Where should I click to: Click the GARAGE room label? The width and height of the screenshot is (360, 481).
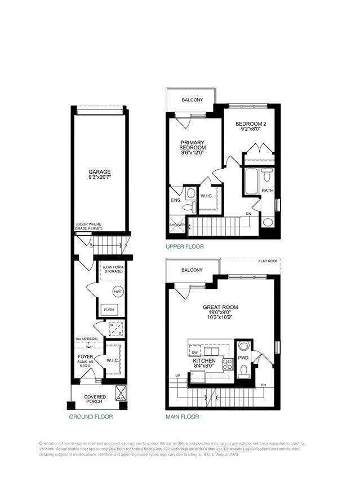(99, 172)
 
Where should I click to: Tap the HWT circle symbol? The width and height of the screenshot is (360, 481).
(117, 292)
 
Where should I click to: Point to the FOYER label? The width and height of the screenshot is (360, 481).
(85, 356)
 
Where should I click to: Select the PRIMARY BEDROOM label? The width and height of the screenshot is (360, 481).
(192, 145)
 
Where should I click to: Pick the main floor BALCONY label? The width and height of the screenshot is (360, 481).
(192, 270)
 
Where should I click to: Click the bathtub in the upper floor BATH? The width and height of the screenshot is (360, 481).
(250, 180)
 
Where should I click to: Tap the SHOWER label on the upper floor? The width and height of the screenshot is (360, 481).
(177, 225)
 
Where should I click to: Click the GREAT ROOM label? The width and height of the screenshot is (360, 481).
(221, 308)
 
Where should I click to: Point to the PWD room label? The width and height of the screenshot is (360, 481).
(243, 358)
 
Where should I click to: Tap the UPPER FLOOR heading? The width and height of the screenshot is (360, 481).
(185, 247)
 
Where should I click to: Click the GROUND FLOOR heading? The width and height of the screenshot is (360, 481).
(91, 417)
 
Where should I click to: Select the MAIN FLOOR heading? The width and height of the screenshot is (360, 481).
(182, 417)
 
